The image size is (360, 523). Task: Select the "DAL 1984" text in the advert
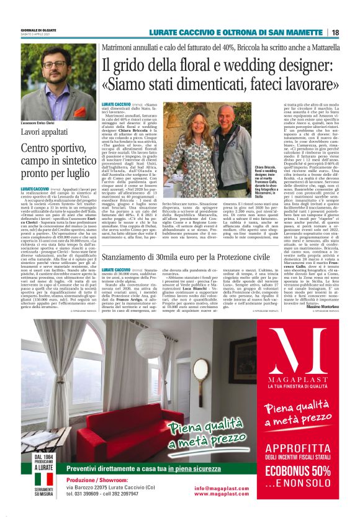43,458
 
